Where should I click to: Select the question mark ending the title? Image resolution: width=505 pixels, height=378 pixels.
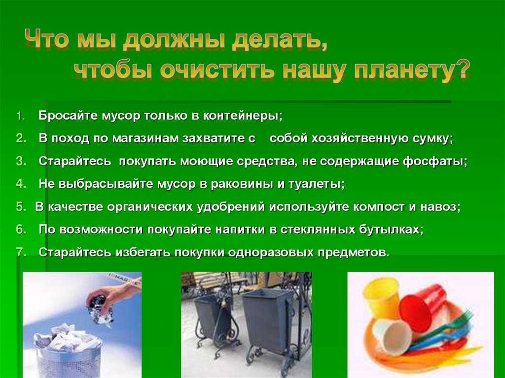(461, 69)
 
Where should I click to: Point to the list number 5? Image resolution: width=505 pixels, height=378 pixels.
(21, 206)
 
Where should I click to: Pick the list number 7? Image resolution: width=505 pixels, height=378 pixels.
(21, 252)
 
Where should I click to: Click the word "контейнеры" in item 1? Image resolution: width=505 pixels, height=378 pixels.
(242, 116)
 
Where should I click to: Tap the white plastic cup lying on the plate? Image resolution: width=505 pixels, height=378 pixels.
(392, 337)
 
